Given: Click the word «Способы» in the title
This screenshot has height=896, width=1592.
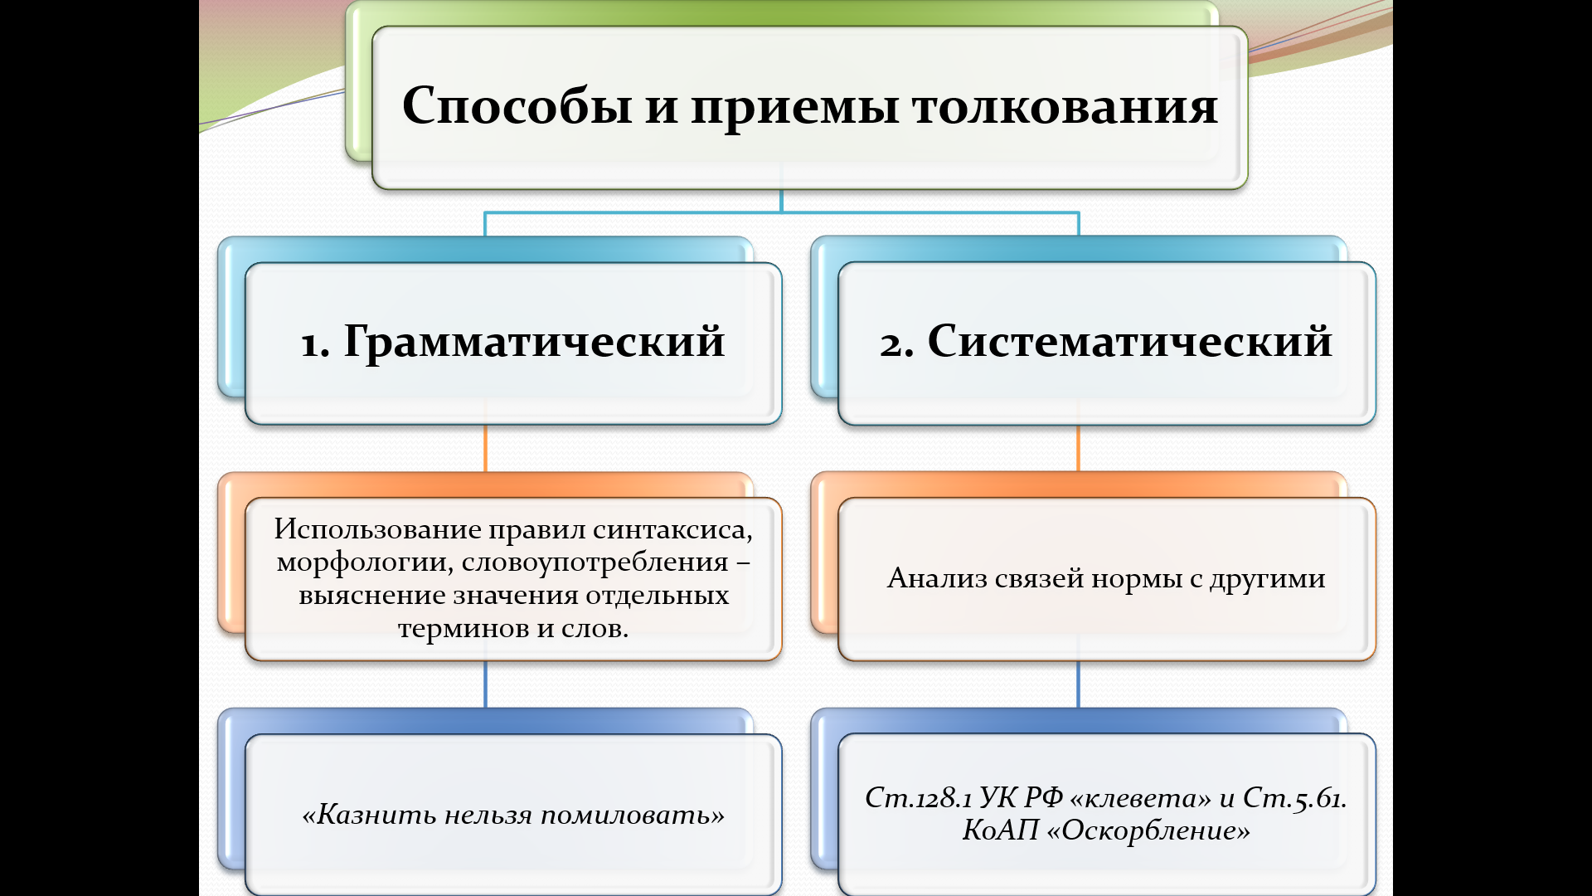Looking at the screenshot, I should [x=517, y=107].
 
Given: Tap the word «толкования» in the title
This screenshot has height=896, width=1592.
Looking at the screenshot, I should [x=1065, y=107].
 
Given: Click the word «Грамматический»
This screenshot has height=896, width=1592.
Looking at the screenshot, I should [x=534, y=341].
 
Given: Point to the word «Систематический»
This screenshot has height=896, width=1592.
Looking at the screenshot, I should [x=1129, y=341].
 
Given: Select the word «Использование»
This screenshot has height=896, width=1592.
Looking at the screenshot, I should [x=377, y=529].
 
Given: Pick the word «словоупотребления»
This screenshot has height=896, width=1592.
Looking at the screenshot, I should [x=595, y=562].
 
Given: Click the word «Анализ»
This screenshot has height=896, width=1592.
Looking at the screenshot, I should [x=936, y=578].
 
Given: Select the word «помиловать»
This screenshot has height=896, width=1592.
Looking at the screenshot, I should [x=633, y=815].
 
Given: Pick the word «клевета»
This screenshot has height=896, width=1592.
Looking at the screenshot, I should [x=1140, y=797].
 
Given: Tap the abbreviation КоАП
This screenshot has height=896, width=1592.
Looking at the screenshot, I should [x=999, y=830].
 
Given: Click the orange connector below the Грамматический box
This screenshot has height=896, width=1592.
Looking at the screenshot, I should [x=485, y=448].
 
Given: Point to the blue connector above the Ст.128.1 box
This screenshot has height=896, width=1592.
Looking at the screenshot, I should [x=1078, y=684].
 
